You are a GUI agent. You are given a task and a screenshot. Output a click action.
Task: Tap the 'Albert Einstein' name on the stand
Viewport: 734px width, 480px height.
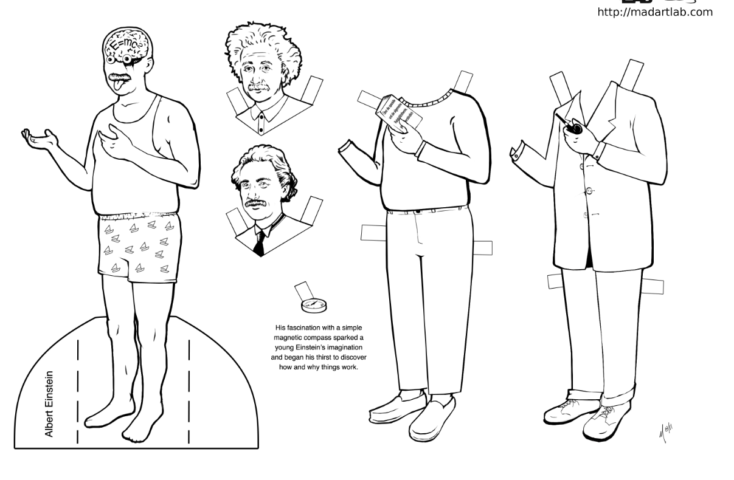click(49, 403)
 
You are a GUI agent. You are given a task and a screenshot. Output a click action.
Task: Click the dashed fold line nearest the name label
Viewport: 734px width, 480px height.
click(77, 389)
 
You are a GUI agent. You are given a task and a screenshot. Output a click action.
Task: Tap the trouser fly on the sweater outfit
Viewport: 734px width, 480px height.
click(418, 234)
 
